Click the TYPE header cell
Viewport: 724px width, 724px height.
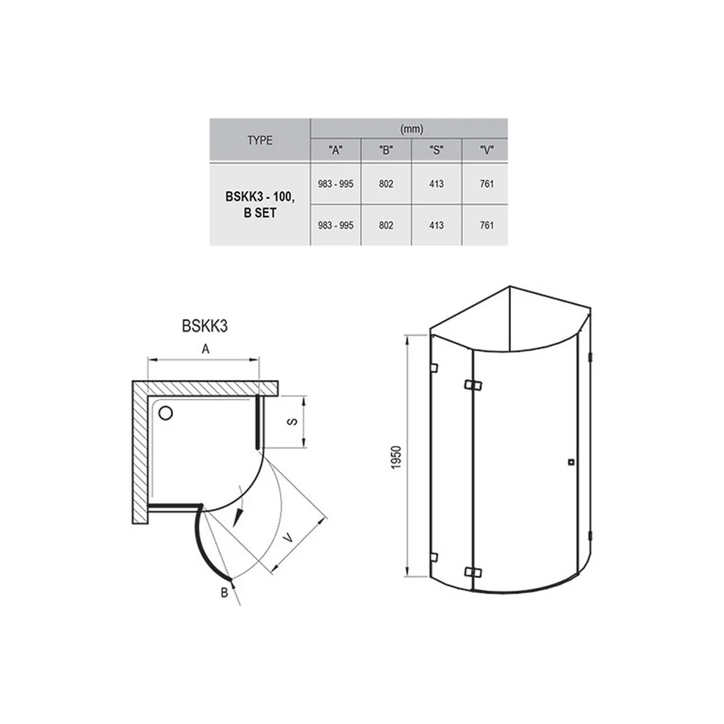point(259,140)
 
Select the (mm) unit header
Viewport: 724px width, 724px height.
point(411,129)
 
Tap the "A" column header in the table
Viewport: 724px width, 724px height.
point(336,150)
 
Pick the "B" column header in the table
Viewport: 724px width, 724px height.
point(386,150)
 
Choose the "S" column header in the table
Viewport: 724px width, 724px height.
point(437,150)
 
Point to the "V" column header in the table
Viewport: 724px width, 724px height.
point(487,150)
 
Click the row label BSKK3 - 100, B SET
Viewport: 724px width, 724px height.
point(260,205)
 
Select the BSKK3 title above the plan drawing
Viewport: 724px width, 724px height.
point(205,326)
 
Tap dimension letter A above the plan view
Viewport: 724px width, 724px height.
point(206,349)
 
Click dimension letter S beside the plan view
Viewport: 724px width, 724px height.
point(292,421)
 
